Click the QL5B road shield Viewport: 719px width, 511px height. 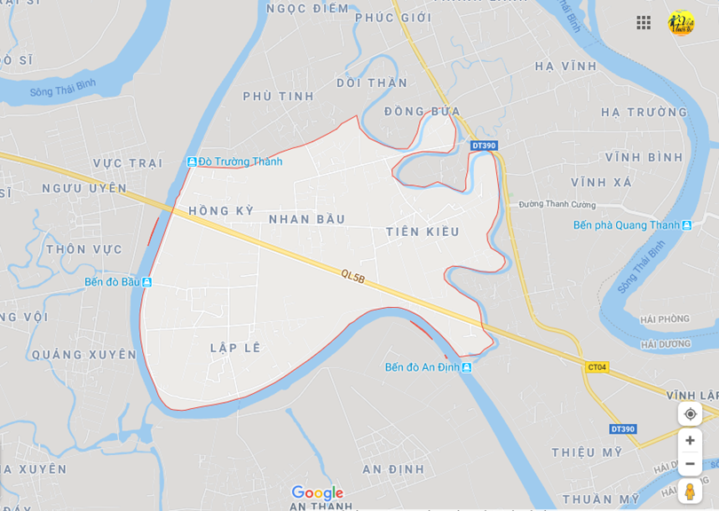(x=352, y=278)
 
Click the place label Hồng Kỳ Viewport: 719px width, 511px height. (x=221, y=211)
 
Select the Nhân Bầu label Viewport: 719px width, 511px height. (x=306, y=219)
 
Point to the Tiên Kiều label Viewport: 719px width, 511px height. (x=423, y=232)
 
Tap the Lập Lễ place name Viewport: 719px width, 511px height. (x=235, y=348)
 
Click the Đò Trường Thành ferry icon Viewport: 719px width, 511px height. (x=192, y=161)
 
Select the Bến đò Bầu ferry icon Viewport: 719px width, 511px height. (x=146, y=282)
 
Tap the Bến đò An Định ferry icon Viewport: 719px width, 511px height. (x=467, y=367)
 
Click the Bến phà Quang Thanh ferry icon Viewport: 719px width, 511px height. (x=686, y=225)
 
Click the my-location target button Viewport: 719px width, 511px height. (x=690, y=413)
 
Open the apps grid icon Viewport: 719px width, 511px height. (x=644, y=23)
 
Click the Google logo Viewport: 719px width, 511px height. (x=317, y=493)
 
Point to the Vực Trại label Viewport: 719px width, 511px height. (x=128, y=163)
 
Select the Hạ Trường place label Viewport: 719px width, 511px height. (x=644, y=113)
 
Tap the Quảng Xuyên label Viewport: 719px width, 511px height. (x=84, y=355)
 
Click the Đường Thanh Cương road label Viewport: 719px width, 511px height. (x=557, y=204)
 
